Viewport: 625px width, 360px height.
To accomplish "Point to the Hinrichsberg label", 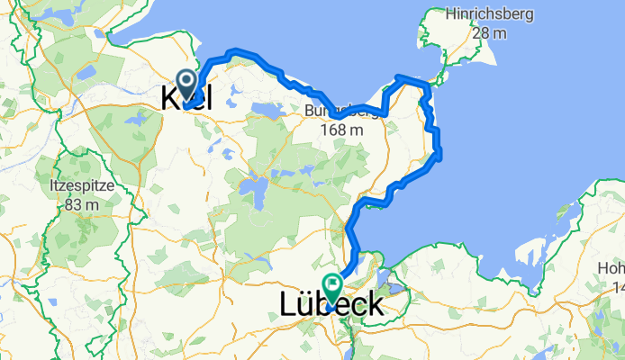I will (x=490, y=14).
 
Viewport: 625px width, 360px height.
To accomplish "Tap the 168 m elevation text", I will (x=342, y=130).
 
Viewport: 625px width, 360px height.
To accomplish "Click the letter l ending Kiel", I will (x=208, y=99).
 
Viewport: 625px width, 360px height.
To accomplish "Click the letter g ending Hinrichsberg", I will (x=530, y=16).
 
